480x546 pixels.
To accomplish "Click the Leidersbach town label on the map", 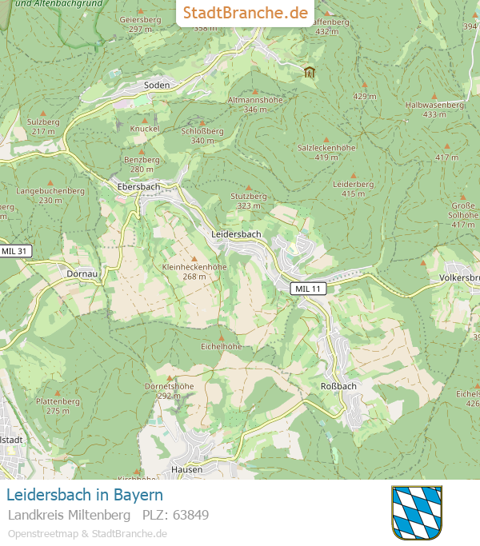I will tap(236, 233).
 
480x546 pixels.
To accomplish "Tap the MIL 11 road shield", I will tap(307, 289).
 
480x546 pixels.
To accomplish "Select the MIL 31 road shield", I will tap(15, 251).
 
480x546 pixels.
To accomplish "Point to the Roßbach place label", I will tap(338, 385).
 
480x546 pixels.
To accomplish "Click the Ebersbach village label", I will tap(138, 186).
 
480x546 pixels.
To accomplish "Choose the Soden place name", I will tap(157, 85).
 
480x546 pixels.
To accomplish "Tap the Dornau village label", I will tap(82, 273).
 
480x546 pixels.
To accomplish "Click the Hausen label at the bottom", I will tap(186, 469).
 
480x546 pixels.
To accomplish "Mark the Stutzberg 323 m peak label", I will tap(248, 201).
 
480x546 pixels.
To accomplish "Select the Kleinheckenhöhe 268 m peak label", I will tap(194, 271).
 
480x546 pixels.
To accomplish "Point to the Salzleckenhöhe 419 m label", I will tap(326, 152).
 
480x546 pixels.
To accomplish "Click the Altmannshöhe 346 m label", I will tap(255, 104).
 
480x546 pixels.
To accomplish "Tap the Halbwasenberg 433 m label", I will tap(434, 109).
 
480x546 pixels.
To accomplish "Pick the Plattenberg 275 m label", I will tap(58, 405).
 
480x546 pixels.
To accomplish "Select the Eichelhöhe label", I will tap(222, 346).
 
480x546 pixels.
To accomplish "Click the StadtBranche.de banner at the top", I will tap(245, 13).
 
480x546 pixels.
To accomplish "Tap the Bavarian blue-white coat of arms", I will tap(417, 512).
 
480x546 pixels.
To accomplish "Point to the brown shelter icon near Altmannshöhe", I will tap(310, 72).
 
